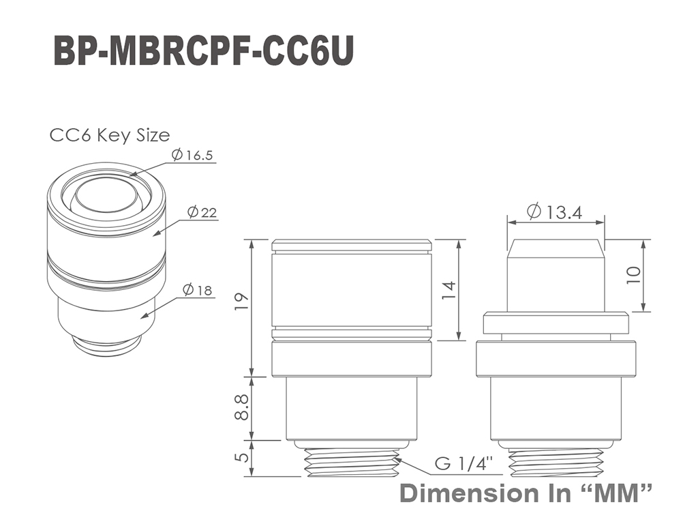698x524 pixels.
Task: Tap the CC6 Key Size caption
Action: [x=110, y=135]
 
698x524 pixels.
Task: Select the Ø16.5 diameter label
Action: [x=192, y=155]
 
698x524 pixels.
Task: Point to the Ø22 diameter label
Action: [x=202, y=212]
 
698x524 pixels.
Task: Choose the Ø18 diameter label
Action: [x=197, y=291]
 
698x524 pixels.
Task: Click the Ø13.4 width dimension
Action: [x=554, y=212]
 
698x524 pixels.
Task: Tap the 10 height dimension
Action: [x=633, y=274]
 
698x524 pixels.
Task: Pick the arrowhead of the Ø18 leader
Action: [x=143, y=316]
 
